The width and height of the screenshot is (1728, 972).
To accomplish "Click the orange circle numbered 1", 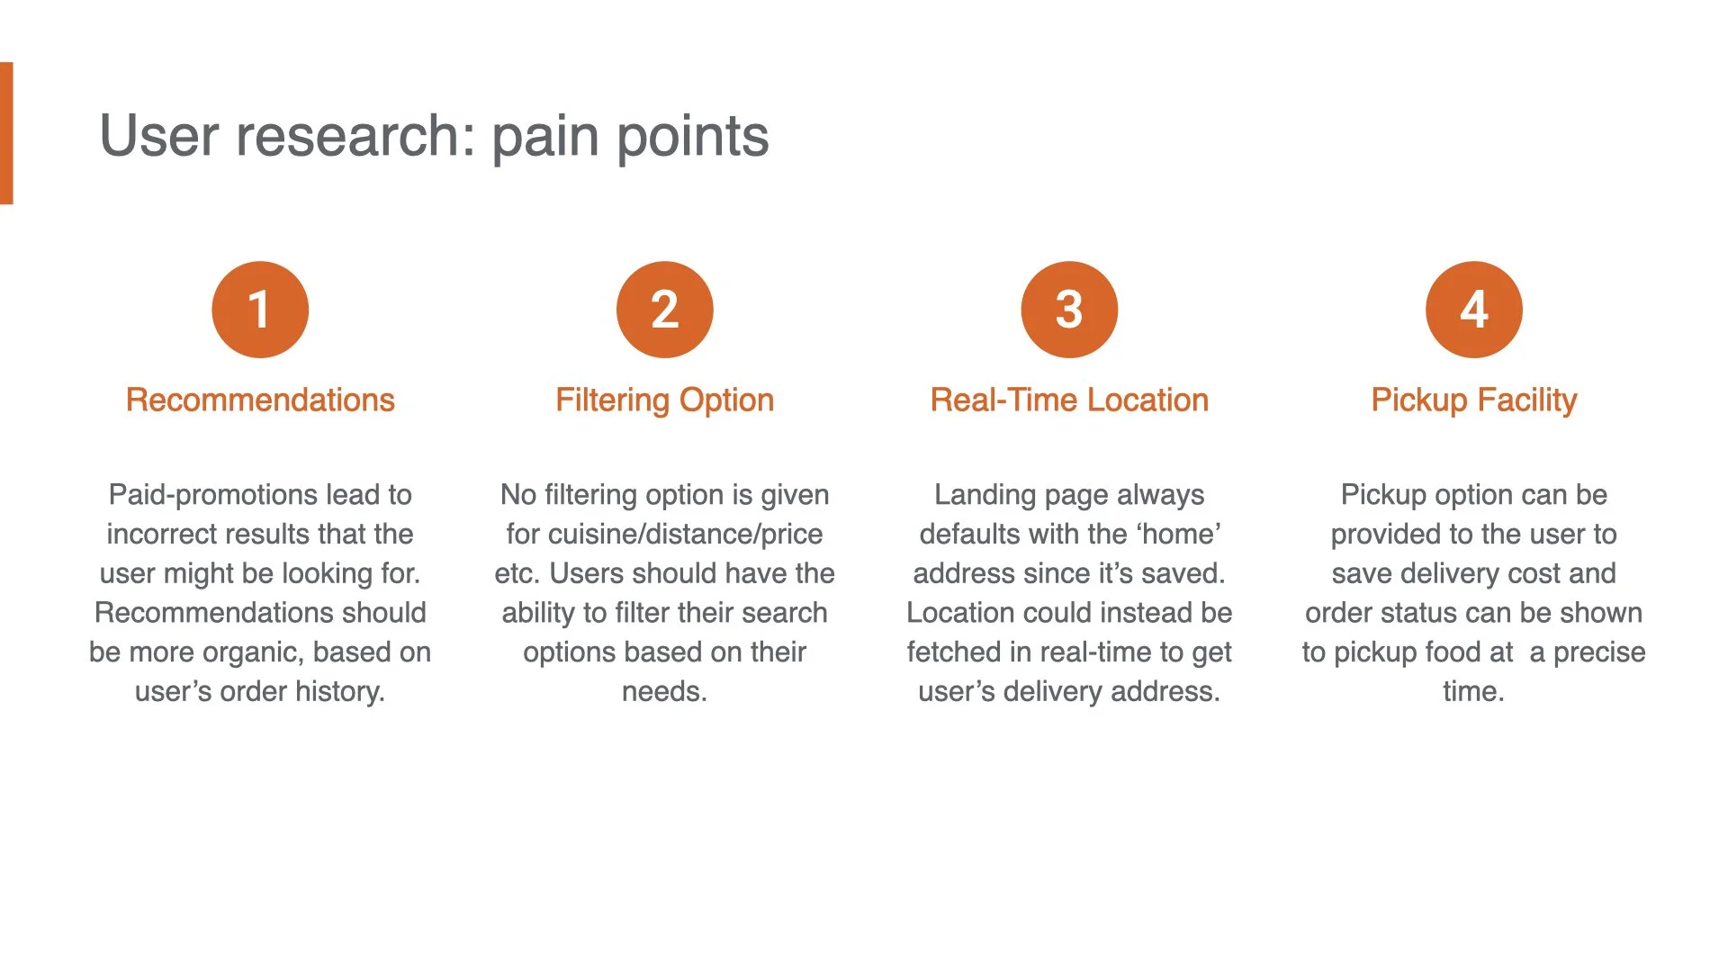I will (260, 310).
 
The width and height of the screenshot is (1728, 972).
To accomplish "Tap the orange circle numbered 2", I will (664, 310).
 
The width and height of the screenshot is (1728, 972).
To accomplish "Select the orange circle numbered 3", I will (1069, 310).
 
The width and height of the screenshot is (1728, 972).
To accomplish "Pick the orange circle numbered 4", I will (1473, 310).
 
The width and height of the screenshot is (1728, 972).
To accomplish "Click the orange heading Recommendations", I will (260, 400).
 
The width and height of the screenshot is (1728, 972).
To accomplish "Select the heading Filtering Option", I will (664, 400).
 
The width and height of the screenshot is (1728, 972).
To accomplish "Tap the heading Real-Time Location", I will (1069, 400).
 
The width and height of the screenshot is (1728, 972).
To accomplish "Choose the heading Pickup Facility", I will (1473, 400).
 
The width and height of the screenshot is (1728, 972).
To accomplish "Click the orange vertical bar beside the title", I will (6, 133).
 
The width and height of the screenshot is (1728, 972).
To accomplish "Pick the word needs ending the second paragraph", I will (663, 691).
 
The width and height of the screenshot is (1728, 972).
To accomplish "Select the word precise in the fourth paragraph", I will (1599, 652).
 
